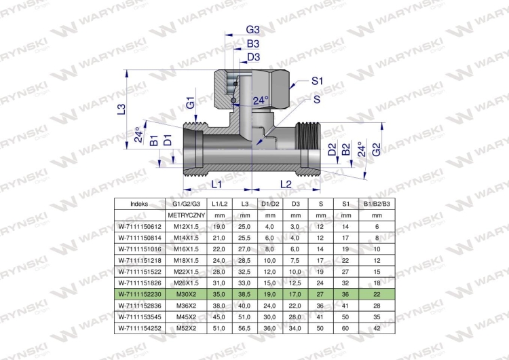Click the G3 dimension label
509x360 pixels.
[x=253, y=30]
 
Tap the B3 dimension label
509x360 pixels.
[x=253, y=43]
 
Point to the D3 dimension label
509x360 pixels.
[x=254, y=57]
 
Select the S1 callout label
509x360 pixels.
[x=317, y=81]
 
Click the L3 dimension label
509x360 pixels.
[x=121, y=109]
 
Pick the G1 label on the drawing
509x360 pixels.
[x=191, y=103]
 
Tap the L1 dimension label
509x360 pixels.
[x=216, y=185]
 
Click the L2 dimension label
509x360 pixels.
[x=286, y=185]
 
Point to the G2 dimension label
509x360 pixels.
[x=376, y=150]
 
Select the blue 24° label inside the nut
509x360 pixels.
[x=261, y=101]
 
